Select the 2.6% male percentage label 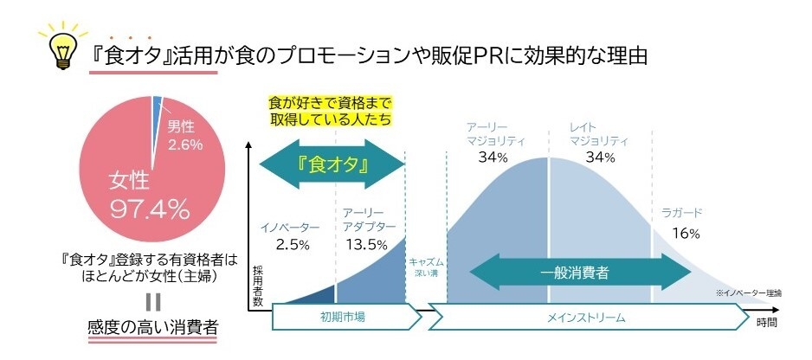pos(184,145)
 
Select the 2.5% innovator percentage pos(293,244)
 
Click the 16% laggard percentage pos(685,233)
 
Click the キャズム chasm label pos(425,264)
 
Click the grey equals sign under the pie pos(153,302)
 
